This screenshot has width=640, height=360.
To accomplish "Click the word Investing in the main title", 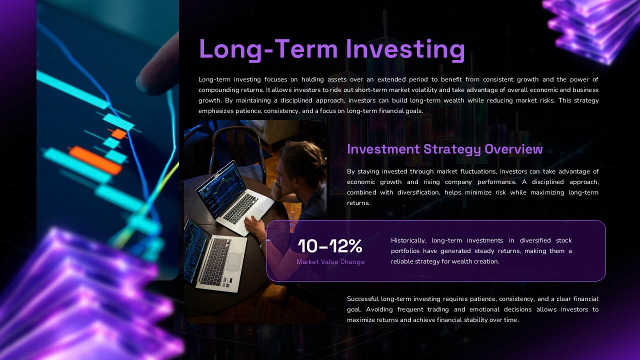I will coord(405,49).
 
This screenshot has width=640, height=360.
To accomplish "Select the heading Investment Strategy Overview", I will coord(444,149).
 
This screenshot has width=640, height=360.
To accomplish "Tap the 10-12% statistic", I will coord(329,246).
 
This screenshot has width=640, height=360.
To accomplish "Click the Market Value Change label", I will coord(330,262).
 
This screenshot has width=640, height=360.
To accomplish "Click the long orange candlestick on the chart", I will coord(95,160).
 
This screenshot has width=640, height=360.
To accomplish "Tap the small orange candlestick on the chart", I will coord(119,133).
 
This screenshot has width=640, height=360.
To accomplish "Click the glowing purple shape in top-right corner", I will coord(590,27).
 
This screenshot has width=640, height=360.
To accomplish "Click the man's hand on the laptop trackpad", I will coord(255,225).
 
